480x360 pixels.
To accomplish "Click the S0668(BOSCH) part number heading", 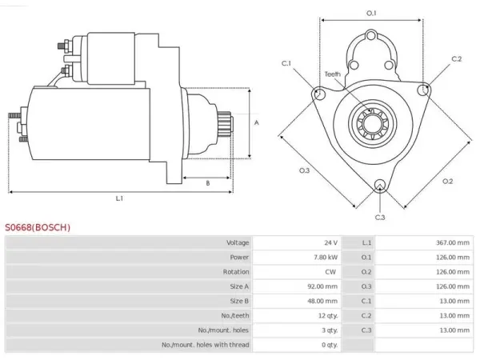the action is [38, 227].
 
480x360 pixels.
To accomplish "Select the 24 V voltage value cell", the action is [331, 242].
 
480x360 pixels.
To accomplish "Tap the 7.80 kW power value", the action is [326, 257].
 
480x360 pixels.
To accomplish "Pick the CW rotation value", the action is [330, 272].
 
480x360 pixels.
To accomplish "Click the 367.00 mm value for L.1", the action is [453, 242].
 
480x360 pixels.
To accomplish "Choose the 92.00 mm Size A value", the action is [322, 286].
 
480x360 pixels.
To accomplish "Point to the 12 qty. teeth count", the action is [328, 316].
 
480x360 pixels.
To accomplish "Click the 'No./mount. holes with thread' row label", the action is [206, 345].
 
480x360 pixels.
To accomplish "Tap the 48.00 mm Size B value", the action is [322, 301].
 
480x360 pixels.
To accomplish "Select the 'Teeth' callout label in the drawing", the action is [333, 74].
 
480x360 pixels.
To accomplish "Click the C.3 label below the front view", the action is [380, 218].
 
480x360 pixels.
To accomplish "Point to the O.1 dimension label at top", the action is [371, 13].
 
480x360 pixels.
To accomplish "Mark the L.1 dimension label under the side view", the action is [119, 198].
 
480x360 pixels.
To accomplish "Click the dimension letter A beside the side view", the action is [257, 122].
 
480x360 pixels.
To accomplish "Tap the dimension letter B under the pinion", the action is [208, 183].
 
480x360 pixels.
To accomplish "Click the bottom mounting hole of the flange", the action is [380, 185].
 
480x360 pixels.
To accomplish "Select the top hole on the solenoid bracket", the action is [371, 36].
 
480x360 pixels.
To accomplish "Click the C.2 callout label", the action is [457, 58].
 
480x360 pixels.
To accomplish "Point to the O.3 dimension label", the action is [304, 170].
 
